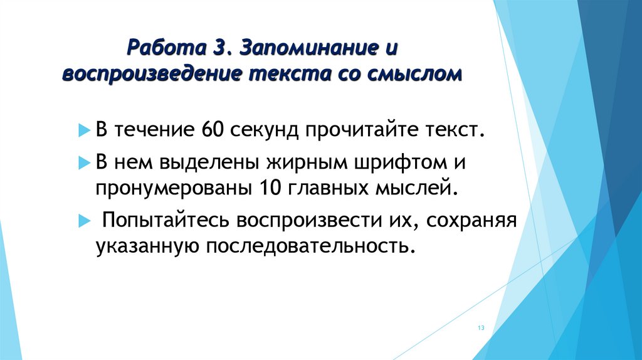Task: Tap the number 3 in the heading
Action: pos(216,48)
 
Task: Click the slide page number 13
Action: pos(481,329)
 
